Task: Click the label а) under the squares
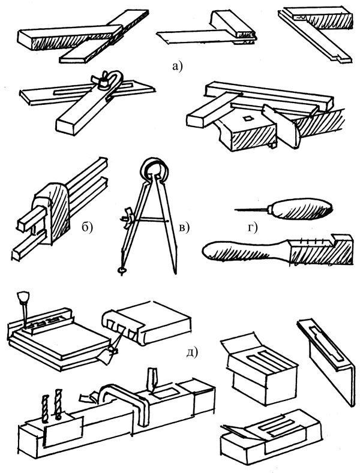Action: pyautogui.click(x=177, y=66)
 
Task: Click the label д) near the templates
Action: pyautogui.click(x=192, y=351)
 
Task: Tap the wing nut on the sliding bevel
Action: pyautogui.click(x=101, y=79)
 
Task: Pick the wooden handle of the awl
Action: pyautogui.click(x=302, y=209)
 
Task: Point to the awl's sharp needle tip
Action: pyautogui.click(x=235, y=209)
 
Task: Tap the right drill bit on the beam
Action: pyautogui.click(x=58, y=405)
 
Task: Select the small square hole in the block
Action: pyautogui.click(x=248, y=118)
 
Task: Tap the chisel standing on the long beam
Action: pyautogui.click(x=152, y=380)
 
